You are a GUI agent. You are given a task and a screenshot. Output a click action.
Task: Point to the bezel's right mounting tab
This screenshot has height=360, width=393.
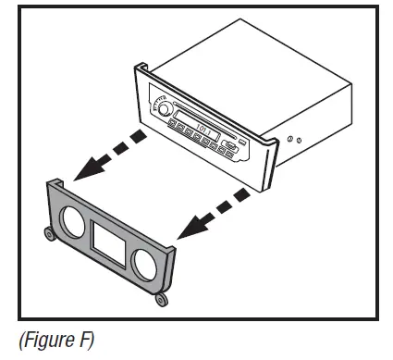pos(161,298)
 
